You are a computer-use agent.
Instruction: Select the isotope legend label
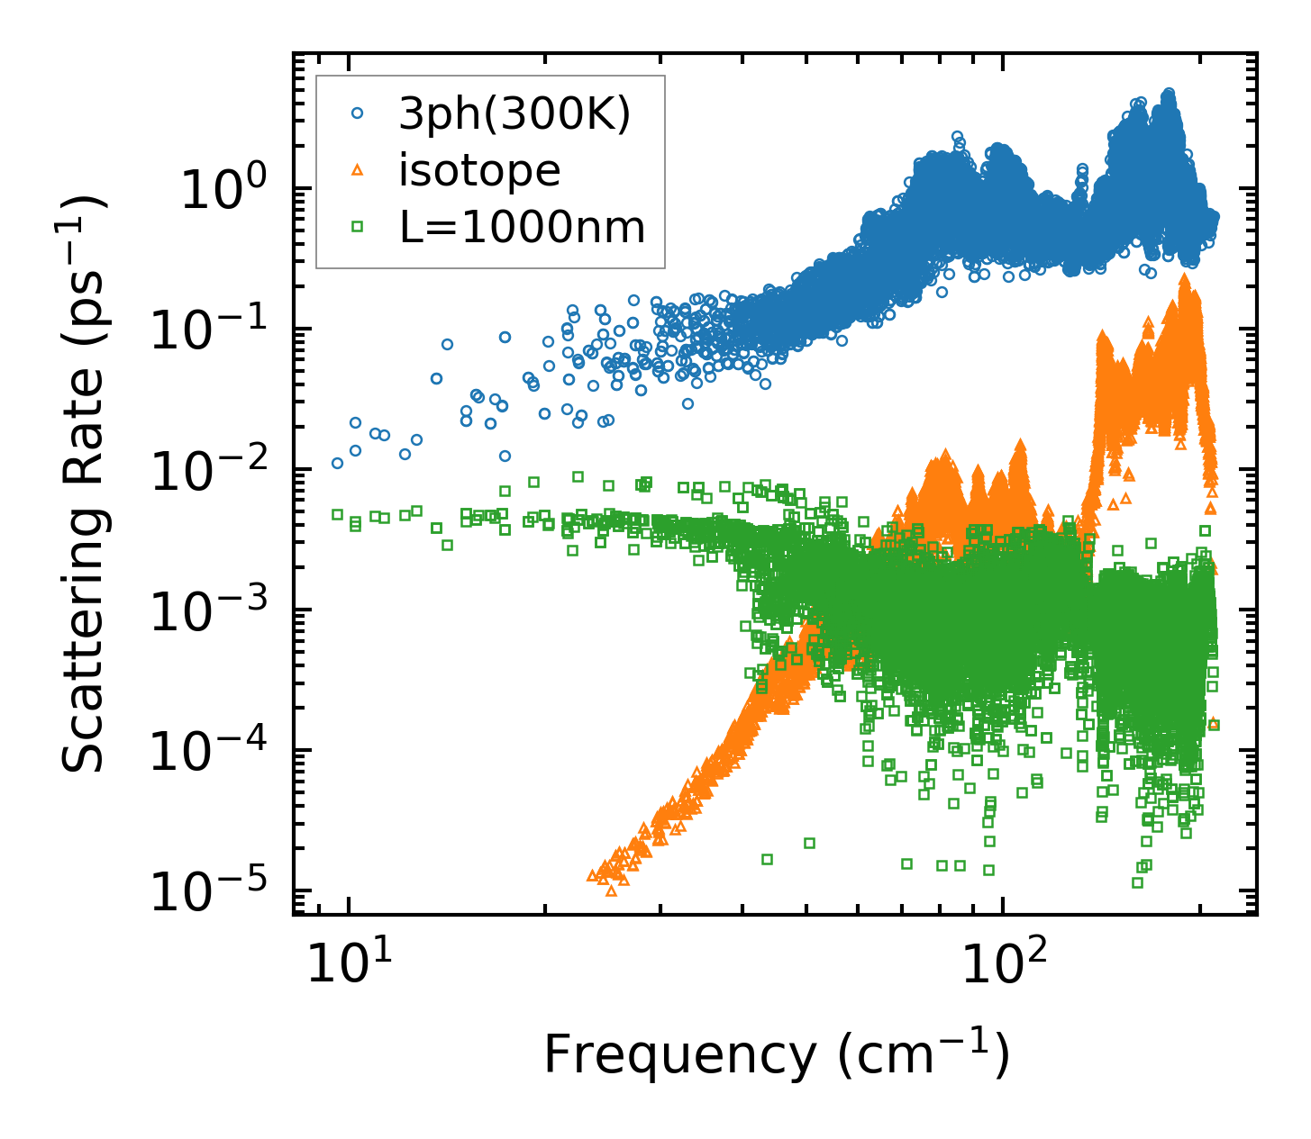tap(479, 171)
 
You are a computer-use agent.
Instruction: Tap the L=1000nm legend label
tap(523, 228)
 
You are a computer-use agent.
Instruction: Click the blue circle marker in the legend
tap(358, 114)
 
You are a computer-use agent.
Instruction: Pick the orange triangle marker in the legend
tap(358, 170)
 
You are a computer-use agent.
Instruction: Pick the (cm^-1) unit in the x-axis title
tap(924, 1054)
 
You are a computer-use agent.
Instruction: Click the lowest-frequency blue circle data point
tap(337, 464)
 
